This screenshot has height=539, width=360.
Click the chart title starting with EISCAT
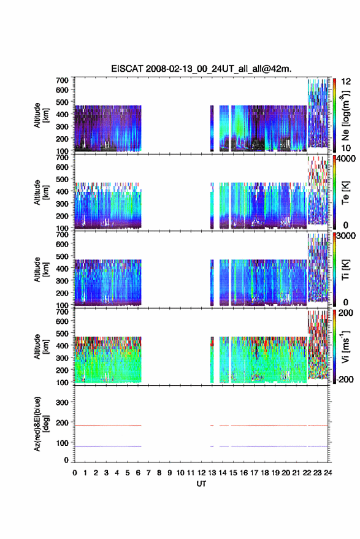pyautogui.click(x=201, y=69)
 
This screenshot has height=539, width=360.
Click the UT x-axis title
pyautogui.click(x=201, y=484)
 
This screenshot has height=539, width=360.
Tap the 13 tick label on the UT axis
pyautogui.click(x=212, y=473)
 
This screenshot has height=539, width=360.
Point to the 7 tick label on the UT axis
pyautogui.click(x=148, y=473)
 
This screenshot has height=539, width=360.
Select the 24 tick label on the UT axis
pyautogui.click(x=327, y=473)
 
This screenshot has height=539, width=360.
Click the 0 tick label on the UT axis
pyautogui.click(x=75, y=473)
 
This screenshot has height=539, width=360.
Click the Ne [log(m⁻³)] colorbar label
pyautogui.click(x=345, y=116)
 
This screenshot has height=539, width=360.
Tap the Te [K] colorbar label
pyautogui.click(x=345, y=193)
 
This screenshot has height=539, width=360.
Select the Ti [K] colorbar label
pyautogui.click(x=345, y=270)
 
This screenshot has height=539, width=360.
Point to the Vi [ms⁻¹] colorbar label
pyautogui.click(x=345, y=346)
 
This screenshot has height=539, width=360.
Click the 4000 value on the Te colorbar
pyautogui.click(x=347, y=158)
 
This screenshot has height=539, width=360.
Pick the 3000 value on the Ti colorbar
pyautogui.click(x=347, y=235)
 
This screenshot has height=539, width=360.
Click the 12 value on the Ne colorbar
pyautogui.click(x=346, y=82)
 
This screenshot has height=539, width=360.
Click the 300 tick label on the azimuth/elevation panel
pyautogui.click(x=62, y=402)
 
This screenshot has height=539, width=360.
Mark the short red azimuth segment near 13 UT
pyautogui.click(x=212, y=426)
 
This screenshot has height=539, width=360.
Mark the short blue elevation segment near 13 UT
pyautogui.click(x=212, y=446)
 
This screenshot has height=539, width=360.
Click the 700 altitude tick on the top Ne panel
pyautogui.click(x=62, y=80)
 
